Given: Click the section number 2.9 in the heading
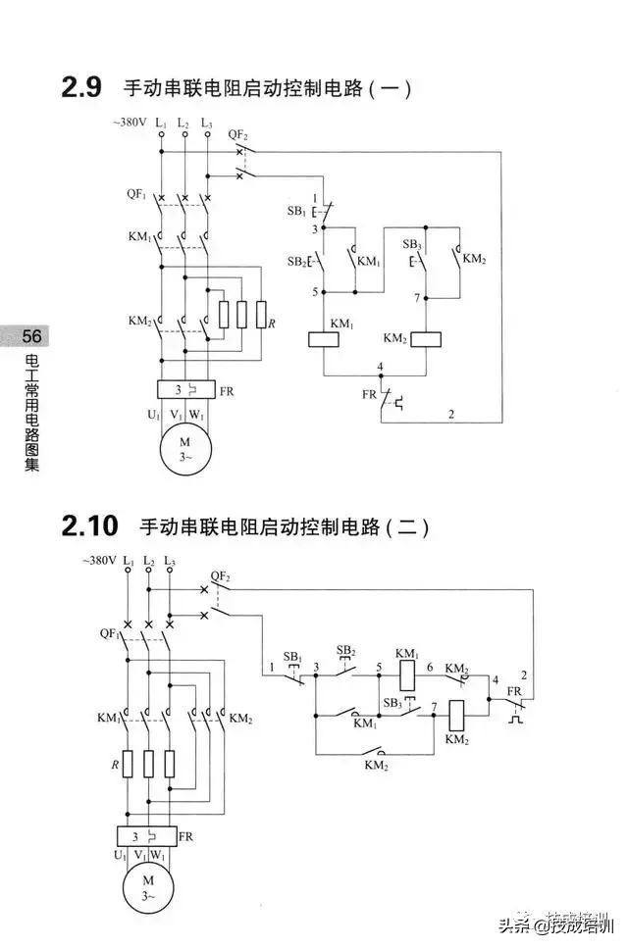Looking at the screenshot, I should [81, 87].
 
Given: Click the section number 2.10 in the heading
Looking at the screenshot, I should [89, 525].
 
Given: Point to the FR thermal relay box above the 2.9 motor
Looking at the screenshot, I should [185, 390].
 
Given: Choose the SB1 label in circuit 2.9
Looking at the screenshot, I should [294, 212].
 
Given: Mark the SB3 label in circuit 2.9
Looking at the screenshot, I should [412, 243].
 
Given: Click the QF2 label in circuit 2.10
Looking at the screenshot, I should [221, 575].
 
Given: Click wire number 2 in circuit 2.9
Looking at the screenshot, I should [450, 415].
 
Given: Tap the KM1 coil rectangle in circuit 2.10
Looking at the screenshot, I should [408, 673].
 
